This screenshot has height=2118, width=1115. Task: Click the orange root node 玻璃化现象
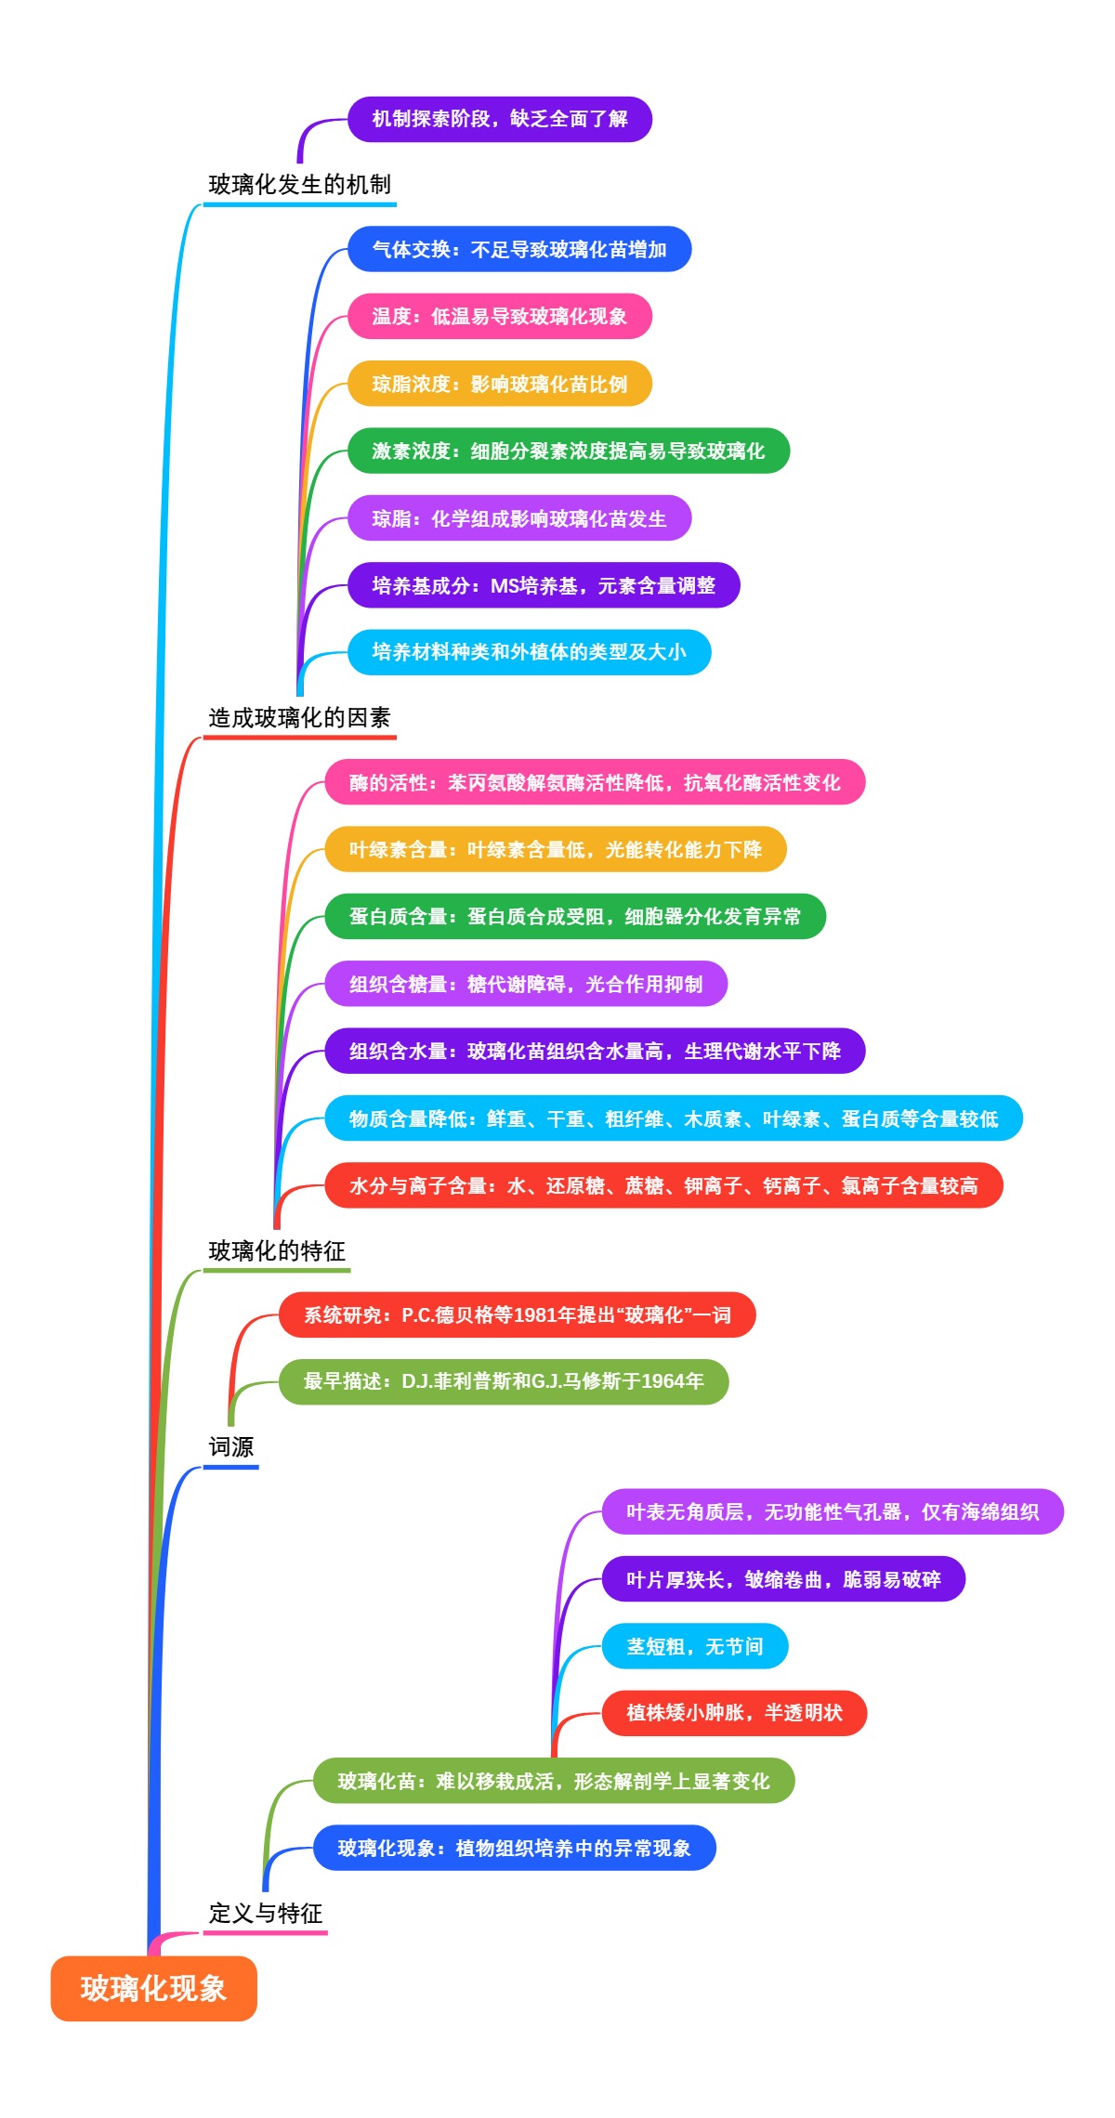click(153, 1988)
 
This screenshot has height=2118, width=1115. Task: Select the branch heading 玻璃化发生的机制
click(299, 185)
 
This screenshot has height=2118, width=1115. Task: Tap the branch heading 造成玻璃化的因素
click(299, 717)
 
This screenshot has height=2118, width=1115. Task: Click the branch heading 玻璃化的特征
click(277, 1250)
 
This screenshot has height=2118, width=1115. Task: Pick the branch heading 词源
click(230, 1446)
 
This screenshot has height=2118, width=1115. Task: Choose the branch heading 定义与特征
click(266, 1913)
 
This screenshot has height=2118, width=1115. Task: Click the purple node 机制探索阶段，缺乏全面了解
click(500, 119)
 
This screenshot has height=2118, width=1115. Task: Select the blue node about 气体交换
click(519, 249)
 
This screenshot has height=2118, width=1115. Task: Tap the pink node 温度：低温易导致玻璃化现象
click(500, 316)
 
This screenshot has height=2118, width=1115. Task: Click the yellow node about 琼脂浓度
click(500, 384)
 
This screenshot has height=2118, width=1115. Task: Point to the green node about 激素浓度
click(569, 451)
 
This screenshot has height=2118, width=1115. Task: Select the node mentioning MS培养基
click(544, 585)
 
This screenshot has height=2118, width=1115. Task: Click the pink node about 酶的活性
click(595, 782)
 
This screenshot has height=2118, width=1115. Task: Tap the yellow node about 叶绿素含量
click(556, 849)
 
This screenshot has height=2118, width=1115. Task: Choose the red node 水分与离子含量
click(663, 1185)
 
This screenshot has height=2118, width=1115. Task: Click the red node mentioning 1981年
click(517, 1314)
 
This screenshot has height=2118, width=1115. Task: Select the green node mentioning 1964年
click(504, 1381)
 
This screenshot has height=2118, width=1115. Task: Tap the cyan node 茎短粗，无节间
click(695, 1646)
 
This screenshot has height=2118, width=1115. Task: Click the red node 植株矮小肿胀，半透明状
click(734, 1713)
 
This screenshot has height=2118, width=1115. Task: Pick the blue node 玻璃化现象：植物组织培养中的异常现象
click(514, 1848)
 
